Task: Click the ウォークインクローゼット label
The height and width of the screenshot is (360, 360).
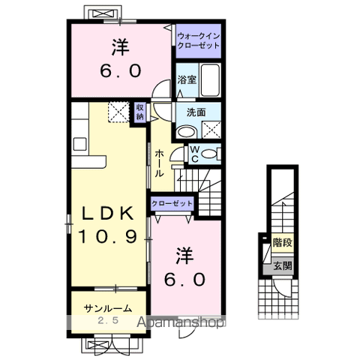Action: [198, 41]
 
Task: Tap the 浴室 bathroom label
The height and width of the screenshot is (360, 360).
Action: [187, 80]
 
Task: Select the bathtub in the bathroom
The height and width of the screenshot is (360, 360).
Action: [210, 80]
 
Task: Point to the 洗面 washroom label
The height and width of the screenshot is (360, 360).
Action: [196, 112]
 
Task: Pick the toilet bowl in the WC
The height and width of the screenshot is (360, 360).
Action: [208, 154]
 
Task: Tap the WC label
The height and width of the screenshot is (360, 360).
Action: [195, 154]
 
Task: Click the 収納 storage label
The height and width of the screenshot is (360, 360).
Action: [139, 112]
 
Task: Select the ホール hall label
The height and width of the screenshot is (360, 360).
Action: [159, 163]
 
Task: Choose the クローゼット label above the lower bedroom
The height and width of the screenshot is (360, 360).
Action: [172, 203]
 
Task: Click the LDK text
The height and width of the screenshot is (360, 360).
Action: [108, 214]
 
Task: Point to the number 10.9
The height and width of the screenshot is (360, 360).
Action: [108, 236]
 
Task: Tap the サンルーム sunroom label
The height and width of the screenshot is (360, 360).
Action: [108, 309]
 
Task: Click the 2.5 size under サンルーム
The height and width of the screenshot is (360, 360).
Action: [108, 320]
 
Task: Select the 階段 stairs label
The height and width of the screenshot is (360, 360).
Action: [283, 242]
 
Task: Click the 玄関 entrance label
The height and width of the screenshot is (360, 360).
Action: [283, 265]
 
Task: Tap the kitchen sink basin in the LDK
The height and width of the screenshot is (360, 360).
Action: [79, 144]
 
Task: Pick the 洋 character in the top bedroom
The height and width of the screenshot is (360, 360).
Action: [120, 46]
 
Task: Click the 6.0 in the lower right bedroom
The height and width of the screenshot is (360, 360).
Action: [184, 279]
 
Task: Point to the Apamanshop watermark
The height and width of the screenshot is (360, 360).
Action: [181, 322]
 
